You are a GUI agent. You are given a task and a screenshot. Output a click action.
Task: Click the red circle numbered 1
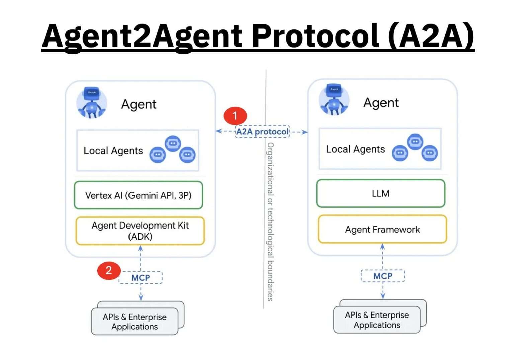tap(235, 116)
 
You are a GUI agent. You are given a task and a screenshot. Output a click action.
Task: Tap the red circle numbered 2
tap(109, 270)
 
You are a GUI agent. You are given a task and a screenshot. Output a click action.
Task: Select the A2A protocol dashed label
tap(262, 132)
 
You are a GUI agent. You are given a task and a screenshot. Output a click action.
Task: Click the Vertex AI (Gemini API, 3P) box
tap(139, 195)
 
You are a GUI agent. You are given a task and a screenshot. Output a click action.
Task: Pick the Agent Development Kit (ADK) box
tap(140, 231)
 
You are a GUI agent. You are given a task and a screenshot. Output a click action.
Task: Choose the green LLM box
tap(380, 194)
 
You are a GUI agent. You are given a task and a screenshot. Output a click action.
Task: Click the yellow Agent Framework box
tap(382, 230)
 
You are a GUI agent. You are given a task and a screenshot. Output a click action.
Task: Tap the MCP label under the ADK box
tap(141, 278)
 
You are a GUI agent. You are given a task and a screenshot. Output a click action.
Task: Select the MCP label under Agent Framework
tap(382, 276)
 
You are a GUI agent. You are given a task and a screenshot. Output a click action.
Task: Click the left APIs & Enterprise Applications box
tap(135, 322)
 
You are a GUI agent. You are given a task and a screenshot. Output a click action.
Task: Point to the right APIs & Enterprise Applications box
tap(377, 320)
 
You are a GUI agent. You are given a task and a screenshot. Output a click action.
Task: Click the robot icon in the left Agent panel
tap(92, 103)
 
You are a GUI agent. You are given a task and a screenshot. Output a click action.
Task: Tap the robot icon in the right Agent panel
tap(334, 100)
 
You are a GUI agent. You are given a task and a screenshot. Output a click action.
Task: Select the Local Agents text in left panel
tap(113, 151)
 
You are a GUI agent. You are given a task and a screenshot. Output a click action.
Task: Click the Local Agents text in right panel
tap(355, 149)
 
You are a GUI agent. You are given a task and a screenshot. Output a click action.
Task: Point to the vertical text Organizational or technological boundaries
tap(270, 221)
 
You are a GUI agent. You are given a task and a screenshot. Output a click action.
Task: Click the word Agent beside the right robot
tap(381, 103)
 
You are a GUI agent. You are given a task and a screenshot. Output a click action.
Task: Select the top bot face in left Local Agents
tap(173, 143)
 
